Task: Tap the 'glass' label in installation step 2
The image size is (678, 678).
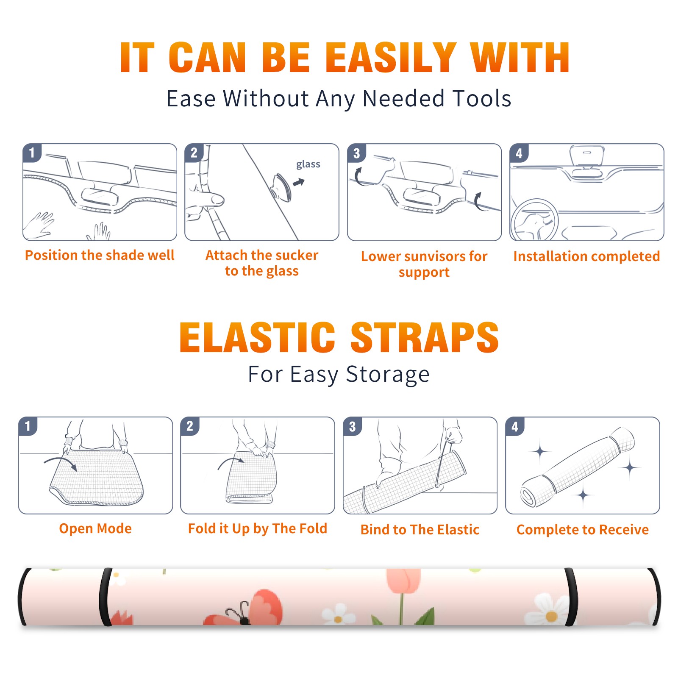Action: point(308,164)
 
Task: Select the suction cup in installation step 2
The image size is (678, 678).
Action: point(282,187)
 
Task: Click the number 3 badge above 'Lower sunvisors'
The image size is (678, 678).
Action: point(356,153)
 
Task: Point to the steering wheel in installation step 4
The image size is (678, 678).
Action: point(534,220)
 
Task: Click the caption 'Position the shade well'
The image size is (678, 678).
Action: point(100,255)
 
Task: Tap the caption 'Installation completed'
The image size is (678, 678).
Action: point(586,256)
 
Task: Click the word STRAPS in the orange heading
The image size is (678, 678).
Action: point(425,337)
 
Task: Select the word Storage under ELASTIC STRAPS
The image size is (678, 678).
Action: point(388,375)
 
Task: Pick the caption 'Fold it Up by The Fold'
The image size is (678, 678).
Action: point(258,529)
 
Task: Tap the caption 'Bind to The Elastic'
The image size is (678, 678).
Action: point(420,530)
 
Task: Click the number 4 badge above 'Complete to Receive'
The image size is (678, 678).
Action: point(515,426)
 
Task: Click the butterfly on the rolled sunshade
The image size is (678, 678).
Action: point(244,608)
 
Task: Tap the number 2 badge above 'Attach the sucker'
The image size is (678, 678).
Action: point(194,153)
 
